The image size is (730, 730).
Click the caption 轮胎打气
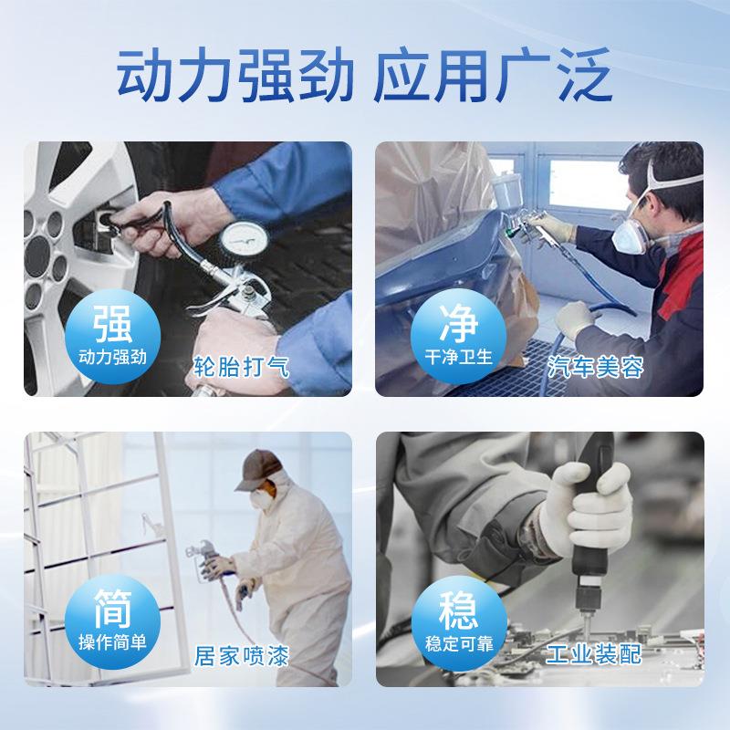pyautogui.click(x=241, y=368)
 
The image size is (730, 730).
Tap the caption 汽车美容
pyautogui.click(x=597, y=368)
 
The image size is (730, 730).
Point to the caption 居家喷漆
pyautogui.click(x=241, y=655)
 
